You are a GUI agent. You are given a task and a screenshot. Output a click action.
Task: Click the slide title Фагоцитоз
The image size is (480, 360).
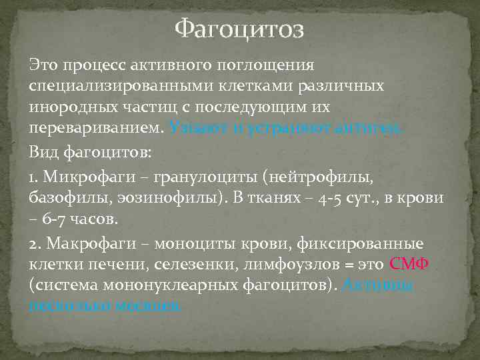coord(239,30)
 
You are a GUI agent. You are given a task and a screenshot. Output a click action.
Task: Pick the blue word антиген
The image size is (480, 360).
coord(374,127)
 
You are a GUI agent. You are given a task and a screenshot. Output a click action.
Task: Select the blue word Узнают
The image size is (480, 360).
coord(193,127)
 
